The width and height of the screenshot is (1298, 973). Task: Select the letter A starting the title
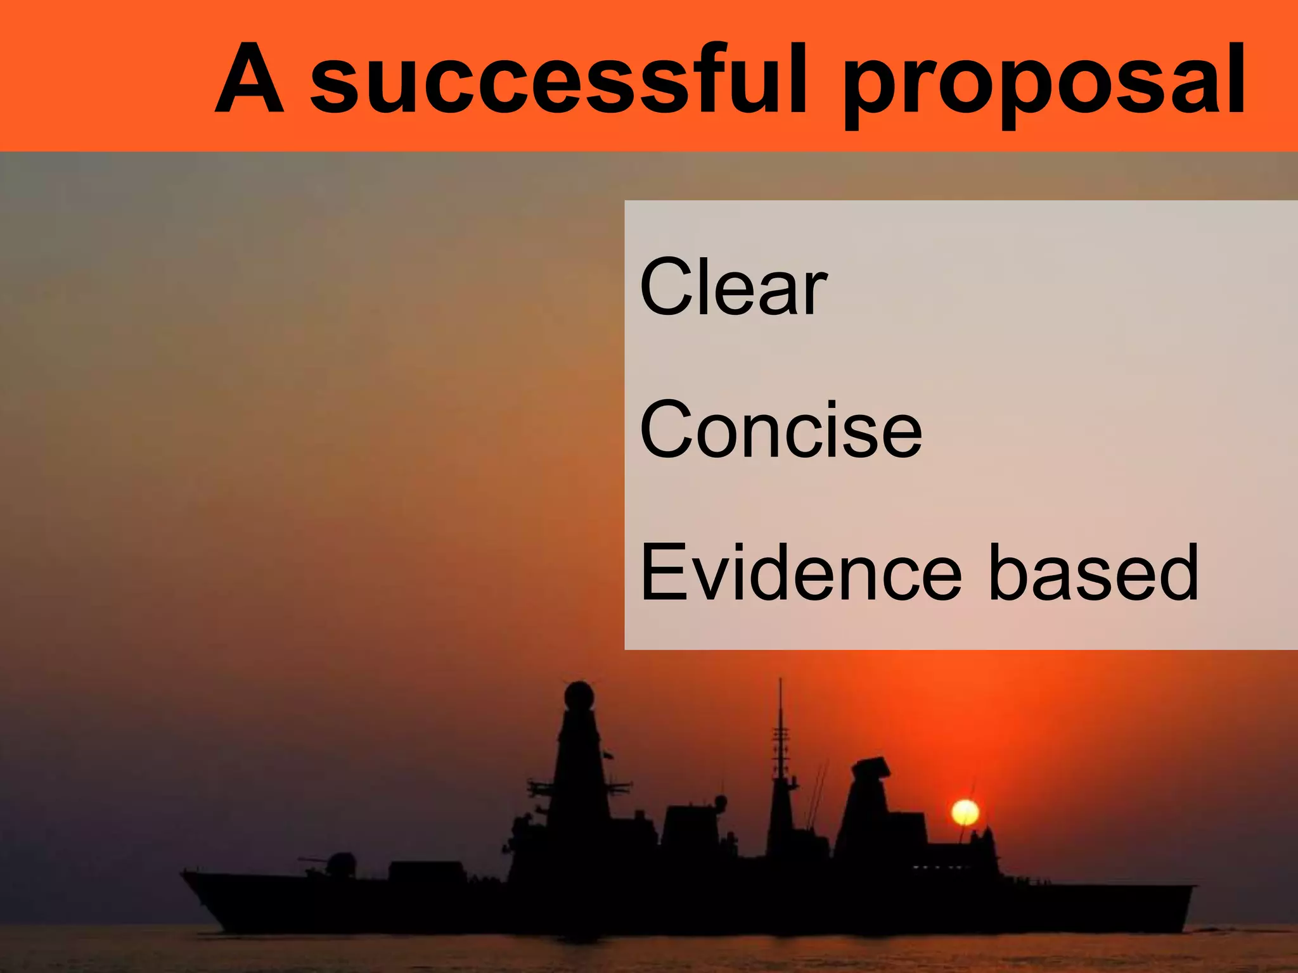[x=249, y=79]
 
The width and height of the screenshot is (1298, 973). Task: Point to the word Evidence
[x=801, y=573]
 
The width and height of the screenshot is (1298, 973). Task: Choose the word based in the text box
[x=1093, y=573]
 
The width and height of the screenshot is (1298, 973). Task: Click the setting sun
[x=965, y=812]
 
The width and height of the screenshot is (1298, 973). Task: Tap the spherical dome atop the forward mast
[x=579, y=696]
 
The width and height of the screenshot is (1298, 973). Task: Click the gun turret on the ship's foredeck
[x=341, y=863]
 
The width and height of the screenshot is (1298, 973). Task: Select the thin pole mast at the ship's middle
[x=780, y=728]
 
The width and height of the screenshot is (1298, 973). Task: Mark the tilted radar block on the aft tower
[x=871, y=770]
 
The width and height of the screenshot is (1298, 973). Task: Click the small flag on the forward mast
[x=609, y=755]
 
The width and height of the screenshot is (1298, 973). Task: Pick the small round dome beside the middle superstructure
[x=721, y=803]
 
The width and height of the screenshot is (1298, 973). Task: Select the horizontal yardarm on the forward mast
[x=578, y=788]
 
